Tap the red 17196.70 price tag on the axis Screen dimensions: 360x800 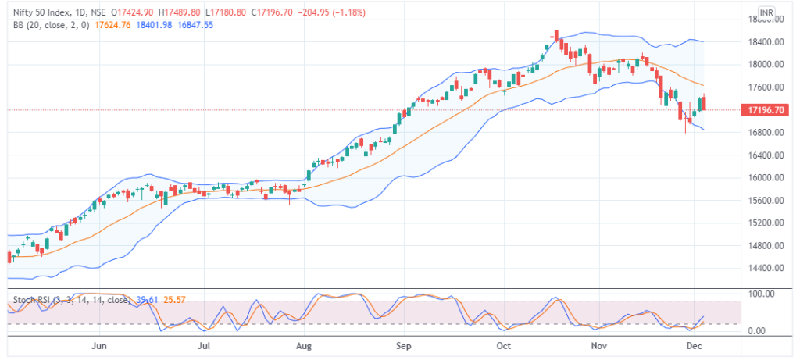pos(767,111)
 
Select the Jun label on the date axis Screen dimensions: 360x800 pos(98,344)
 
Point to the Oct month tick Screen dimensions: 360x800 pos(504,344)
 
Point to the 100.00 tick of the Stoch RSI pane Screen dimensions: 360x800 pos(761,294)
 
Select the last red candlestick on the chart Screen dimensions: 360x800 pos(705,103)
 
